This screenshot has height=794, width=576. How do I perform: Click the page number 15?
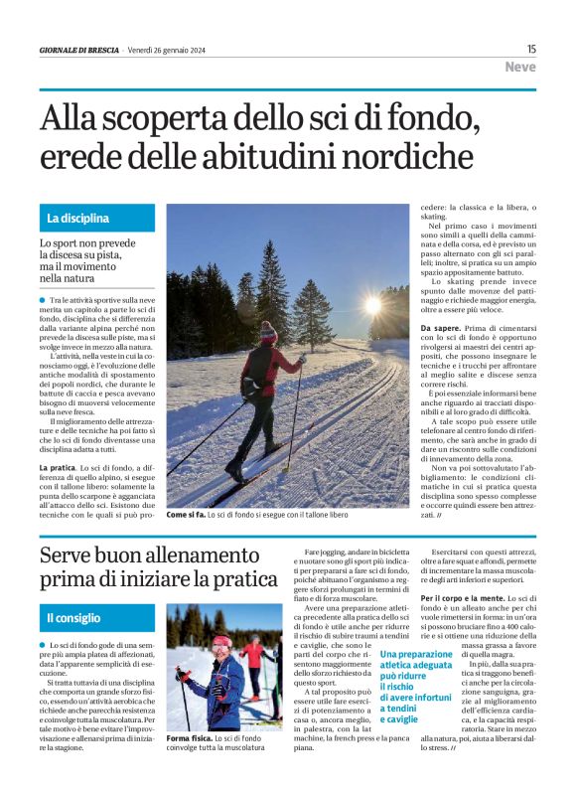tap(531, 49)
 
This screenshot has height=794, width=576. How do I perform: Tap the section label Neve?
tap(519, 68)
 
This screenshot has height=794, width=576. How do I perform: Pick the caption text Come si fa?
tap(186, 515)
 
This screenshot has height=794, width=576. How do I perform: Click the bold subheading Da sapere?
tap(441, 327)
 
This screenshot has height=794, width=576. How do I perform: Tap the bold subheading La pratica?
tap(59, 466)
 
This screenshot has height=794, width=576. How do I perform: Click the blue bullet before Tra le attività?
tap(43, 299)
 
